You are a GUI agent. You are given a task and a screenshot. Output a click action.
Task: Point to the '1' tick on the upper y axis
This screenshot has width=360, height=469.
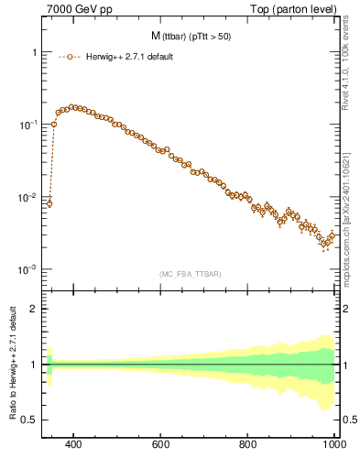coord(32,52)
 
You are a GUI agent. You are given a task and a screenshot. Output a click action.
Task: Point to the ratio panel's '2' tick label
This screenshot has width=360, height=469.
coord(32,309)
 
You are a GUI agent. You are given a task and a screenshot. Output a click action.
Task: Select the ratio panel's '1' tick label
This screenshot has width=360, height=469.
coord(32,365)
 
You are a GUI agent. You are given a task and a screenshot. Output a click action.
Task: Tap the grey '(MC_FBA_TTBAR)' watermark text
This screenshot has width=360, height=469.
coord(188,274)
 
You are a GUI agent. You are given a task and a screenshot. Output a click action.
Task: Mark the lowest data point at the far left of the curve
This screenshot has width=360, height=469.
coord(49,203)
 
